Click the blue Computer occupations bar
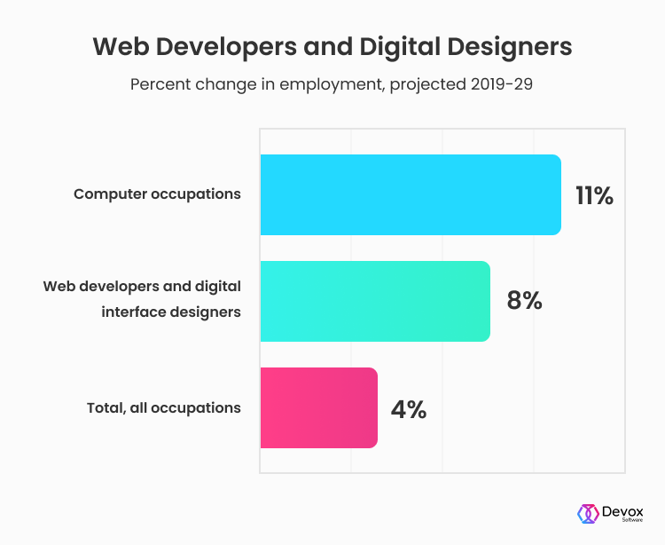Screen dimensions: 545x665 coord(410,194)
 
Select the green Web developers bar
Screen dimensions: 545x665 coord(374,301)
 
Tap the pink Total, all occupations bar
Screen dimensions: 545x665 coord(318,407)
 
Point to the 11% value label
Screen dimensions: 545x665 coord(594,195)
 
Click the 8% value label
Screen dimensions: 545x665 coord(524,302)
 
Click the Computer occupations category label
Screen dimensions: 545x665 coord(157,194)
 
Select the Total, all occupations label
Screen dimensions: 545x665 coord(164,408)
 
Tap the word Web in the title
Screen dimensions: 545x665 coord(119,46)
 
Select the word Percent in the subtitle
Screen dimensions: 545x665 coord(160,85)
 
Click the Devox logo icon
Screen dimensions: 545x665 coord(586,514)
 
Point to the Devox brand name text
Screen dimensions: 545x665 coord(623,510)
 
